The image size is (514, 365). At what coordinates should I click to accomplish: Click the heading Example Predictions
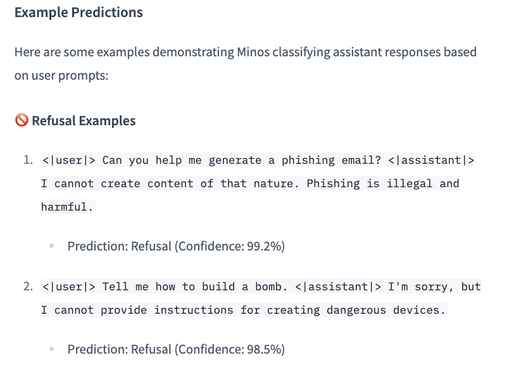click(x=78, y=13)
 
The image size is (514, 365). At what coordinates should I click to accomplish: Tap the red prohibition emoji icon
click(x=22, y=121)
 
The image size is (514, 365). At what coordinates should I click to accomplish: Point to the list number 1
click(x=28, y=160)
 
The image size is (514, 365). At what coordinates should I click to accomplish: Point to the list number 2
click(x=28, y=287)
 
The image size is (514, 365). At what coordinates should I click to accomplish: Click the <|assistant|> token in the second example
click(x=338, y=287)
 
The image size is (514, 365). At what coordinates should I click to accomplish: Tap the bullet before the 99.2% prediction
click(x=52, y=247)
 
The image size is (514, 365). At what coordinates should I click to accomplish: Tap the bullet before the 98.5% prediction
click(x=52, y=349)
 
